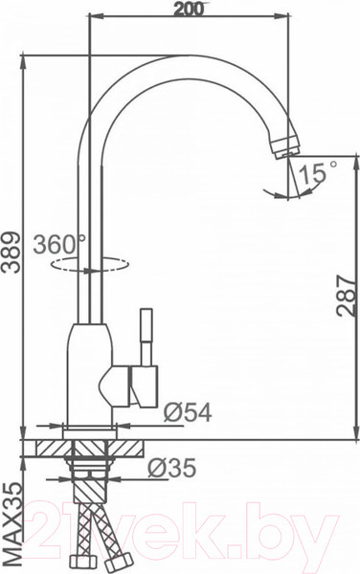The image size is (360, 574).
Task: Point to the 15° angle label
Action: tap(320, 173)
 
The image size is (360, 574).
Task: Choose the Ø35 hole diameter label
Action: tap(175, 469)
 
